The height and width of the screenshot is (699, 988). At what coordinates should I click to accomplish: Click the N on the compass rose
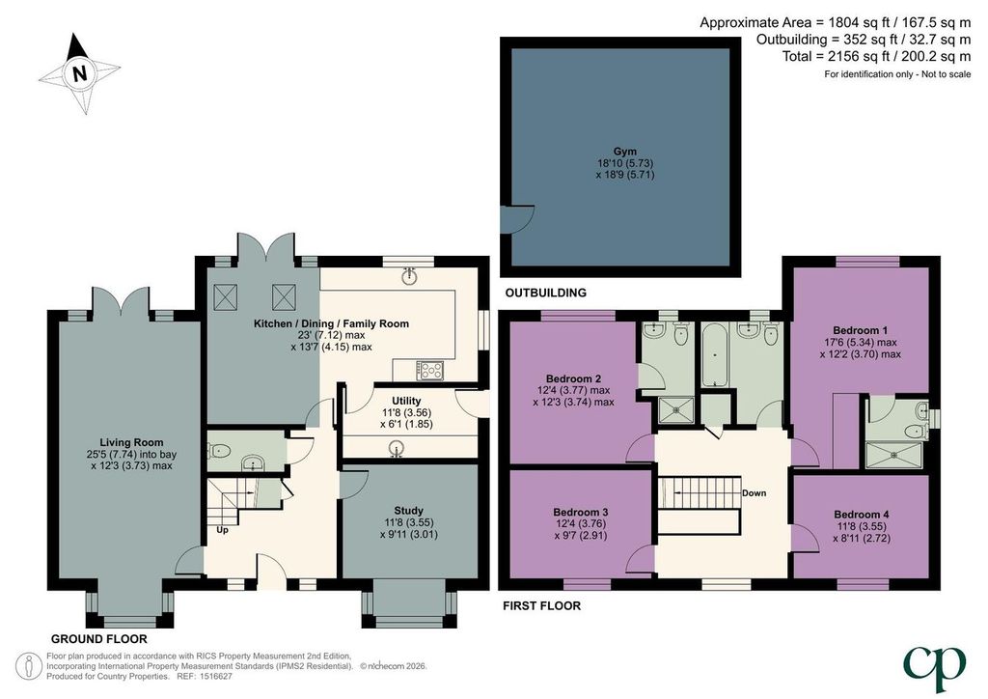pyautogui.click(x=79, y=73)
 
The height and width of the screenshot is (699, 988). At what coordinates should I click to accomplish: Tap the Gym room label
pyautogui.click(x=625, y=152)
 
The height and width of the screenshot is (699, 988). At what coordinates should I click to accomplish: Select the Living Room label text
pyautogui.click(x=131, y=442)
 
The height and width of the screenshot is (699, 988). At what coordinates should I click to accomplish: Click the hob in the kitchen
pyautogui.click(x=430, y=370)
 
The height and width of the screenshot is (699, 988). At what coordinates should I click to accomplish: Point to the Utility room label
pyautogui.click(x=406, y=401)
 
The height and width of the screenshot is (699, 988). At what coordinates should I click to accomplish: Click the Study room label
pyautogui.click(x=408, y=511)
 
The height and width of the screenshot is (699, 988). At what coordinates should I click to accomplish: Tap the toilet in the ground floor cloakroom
pyautogui.click(x=219, y=451)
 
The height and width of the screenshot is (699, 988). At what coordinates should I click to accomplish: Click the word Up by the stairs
pyautogui.click(x=223, y=530)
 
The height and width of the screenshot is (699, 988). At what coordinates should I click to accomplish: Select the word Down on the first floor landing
pyautogui.click(x=755, y=493)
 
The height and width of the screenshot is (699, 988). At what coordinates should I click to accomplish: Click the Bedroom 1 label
pyautogui.click(x=860, y=330)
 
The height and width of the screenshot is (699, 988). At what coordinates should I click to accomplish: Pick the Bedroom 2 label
pyautogui.click(x=573, y=378)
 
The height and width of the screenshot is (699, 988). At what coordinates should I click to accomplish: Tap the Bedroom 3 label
pyautogui.click(x=580, y=512)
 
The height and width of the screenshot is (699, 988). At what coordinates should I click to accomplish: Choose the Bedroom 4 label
pyautogui.click(x=862, y=515)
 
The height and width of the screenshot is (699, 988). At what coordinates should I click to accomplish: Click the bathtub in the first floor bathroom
pyautogui.click(x=715, y=355)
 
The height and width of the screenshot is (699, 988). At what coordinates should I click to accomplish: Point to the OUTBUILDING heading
pyautogui.click(x=546, y=293)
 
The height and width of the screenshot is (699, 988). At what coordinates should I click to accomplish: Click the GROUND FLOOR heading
pyautogui.click(x=99, y=638)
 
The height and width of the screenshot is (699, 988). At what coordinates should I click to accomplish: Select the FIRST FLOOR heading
pyautogui.click(x=542, y=605)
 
